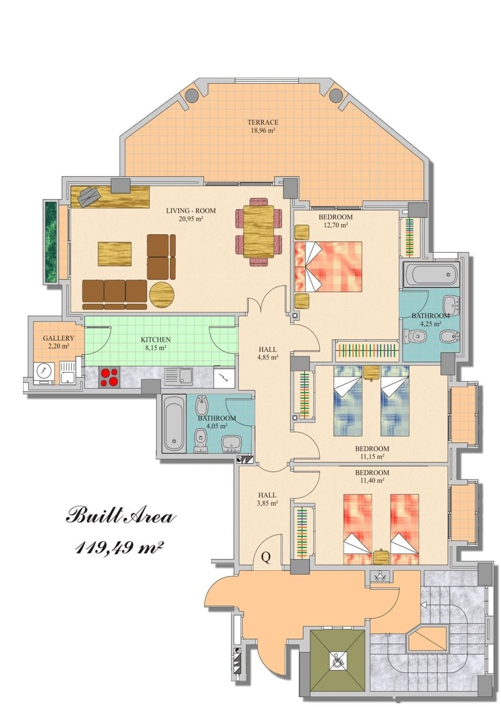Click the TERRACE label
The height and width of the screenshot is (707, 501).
click(262, 123)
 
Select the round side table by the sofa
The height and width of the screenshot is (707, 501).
click(161, 293)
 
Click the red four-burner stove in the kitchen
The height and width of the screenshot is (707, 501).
click(108, 377)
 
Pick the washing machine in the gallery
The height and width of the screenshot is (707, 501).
click(42, 372)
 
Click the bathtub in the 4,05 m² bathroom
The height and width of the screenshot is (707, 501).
click(174, 423)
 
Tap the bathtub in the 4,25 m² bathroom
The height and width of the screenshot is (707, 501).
click(431, 275)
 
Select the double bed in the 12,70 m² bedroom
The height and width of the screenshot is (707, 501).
click(328, 266)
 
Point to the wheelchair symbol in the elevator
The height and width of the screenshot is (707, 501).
click(338, 662)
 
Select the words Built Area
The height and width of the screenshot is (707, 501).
click(120, 516)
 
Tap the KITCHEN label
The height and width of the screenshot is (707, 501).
click(156, 339)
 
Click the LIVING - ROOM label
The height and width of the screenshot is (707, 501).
click(190, 210)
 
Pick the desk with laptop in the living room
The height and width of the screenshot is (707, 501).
click(110, 197)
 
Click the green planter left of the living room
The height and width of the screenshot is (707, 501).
click(51, 240)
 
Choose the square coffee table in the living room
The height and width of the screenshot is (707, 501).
click(114, 254)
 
